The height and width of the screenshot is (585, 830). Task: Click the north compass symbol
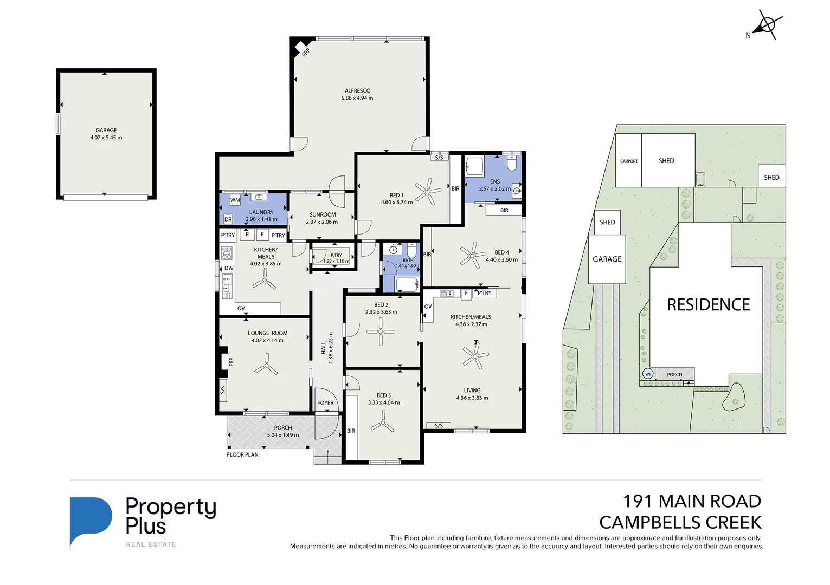pos(767,25)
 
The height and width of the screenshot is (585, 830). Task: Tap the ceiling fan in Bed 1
pos(428,192)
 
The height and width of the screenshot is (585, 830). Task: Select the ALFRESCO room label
pos(357,91)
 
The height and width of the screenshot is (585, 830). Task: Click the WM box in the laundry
pos(235,200)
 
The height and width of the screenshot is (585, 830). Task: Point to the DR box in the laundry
pos(228,219)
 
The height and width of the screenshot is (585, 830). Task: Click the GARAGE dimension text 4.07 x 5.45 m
pos(106,138)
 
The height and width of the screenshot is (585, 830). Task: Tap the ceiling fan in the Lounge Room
pos(266,366)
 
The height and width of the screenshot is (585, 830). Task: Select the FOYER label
pos(325,403)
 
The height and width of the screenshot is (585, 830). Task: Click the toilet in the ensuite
pos(512,163)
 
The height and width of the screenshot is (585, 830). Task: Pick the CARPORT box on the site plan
pos(629,161)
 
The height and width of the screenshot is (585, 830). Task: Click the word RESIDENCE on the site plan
pos(708,305)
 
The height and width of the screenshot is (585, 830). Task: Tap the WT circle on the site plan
pos(648,374)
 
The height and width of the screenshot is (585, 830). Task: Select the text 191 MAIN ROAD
pos(692,502)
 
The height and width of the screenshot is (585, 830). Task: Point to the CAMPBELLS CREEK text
pos(680,523)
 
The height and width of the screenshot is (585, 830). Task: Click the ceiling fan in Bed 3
pos(383,422)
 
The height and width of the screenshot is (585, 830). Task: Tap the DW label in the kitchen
pos(229,268)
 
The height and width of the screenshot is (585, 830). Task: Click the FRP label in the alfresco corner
pos(306,53)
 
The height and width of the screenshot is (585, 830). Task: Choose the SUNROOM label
pos(323,214)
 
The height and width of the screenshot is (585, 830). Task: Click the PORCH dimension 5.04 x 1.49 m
pos(283,435)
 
